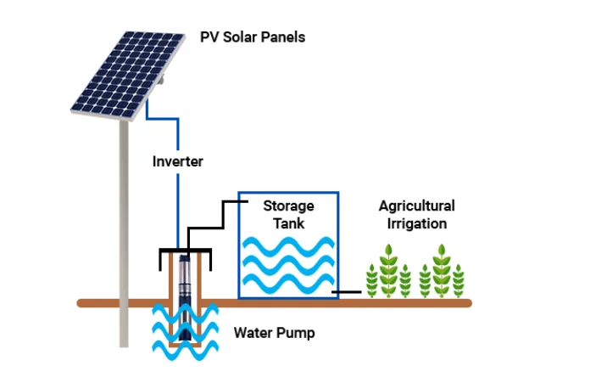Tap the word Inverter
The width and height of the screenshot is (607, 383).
[x=177, y=161]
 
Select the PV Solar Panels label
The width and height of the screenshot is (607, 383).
[x=253, y=37]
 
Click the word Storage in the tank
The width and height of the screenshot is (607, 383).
[x=288, y=206]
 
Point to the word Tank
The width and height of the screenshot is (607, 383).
[x=288, y=223]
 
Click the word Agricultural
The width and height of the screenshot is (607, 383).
[x=416, y=206]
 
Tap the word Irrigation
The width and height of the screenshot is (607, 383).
[x=416, y=224]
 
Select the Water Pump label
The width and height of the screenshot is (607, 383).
[x=274, y=333]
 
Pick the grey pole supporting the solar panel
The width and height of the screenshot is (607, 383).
[x=124, y=238]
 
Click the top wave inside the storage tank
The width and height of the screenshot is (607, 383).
[x=288, y=247]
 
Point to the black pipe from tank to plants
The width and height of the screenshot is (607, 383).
[x=348, y=293]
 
